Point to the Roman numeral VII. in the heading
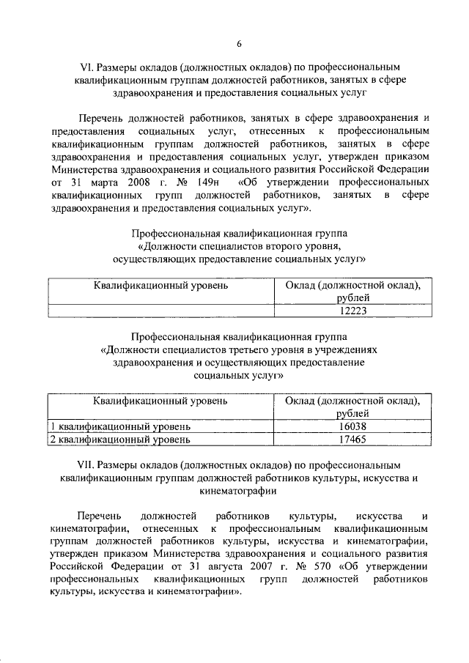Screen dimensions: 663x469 click(86, 464)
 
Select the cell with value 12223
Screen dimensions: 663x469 click(352, 311)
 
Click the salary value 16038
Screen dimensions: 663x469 click(352, 426)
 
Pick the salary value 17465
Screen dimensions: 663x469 click(352, 440)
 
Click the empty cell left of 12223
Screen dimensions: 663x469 click(160, 311)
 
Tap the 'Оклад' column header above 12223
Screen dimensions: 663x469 click(352, 291)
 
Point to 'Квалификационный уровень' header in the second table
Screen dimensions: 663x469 click(160, 401)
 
